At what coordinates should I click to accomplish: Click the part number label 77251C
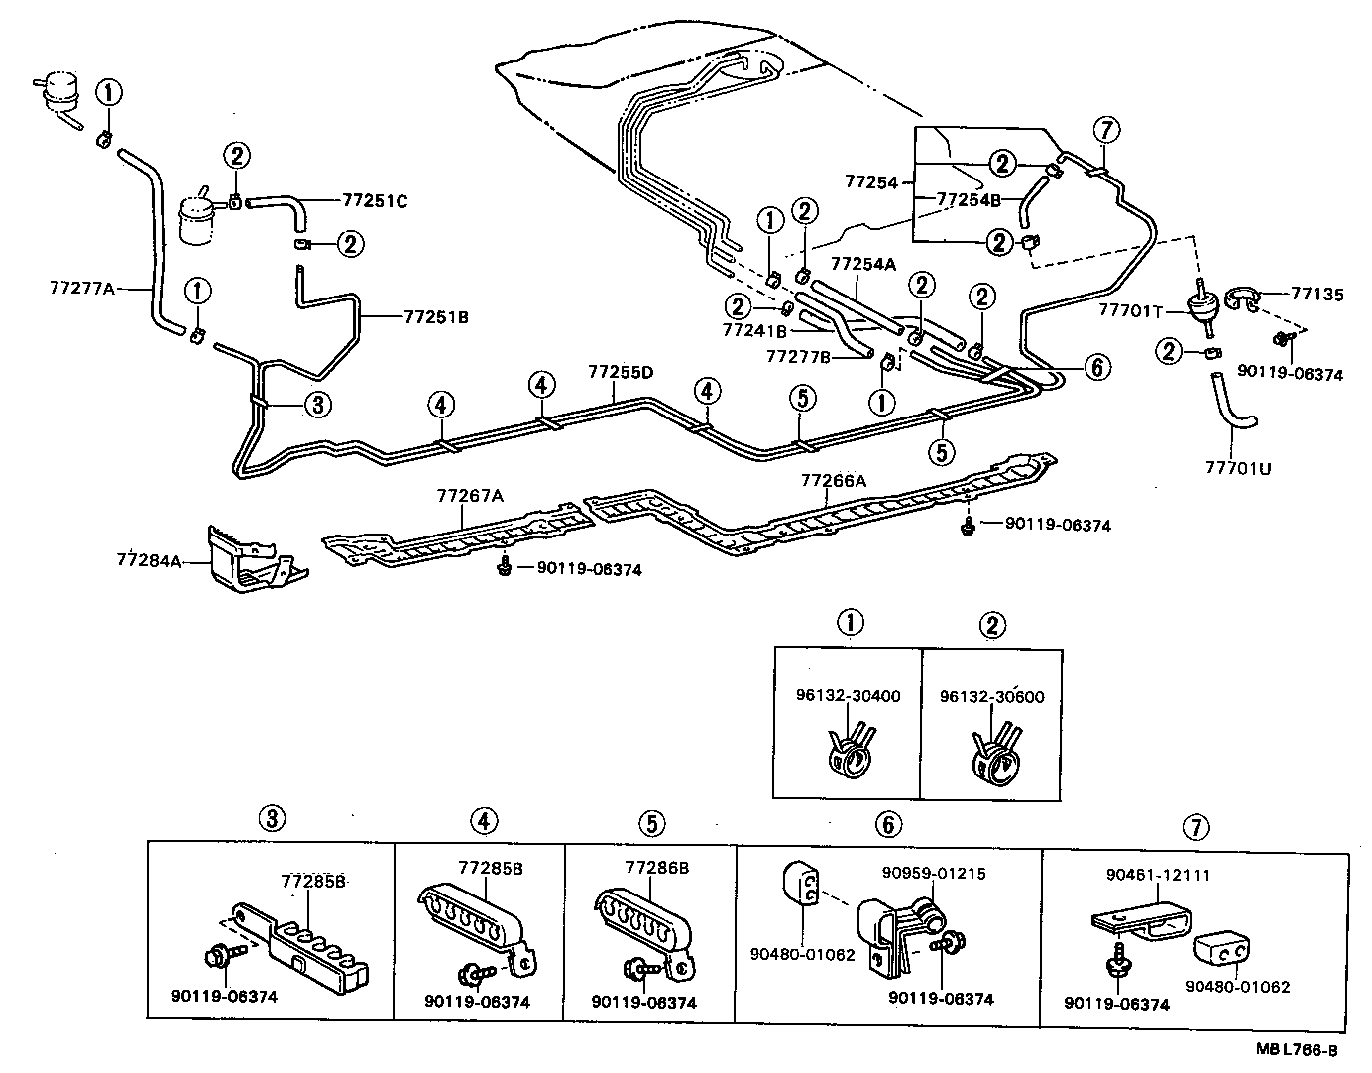[x=375, y=201]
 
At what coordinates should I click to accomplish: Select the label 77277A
[x=82, y=288]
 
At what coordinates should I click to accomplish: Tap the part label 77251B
[x=436, y=317]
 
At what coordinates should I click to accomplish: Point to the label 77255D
[x=621, y=372]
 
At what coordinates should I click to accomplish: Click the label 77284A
[x=149, y=559]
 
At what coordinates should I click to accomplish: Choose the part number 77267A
[x=470, y=496]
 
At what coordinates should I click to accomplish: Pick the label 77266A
[x=834, y=481]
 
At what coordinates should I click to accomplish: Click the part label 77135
[x=1317, y=295]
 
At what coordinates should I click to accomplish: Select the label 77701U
[x=1238, y=468]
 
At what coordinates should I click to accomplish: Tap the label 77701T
[x=1131, y=310]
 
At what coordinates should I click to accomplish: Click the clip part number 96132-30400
[x=848, y=695]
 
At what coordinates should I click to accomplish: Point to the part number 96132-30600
[x=992, y=696]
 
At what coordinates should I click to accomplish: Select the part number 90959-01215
[x=934, y=873]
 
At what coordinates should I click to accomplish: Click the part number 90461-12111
[x=1158, y=875]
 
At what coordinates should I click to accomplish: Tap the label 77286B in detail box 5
[x=656, y=867]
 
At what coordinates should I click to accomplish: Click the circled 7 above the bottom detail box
[x=1196, y=827]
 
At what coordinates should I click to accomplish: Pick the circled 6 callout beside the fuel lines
[x=1097, y=367]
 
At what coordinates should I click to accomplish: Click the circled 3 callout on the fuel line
[x=318, y=405]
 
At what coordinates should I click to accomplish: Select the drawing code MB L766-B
[x=1297, y=1049]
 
